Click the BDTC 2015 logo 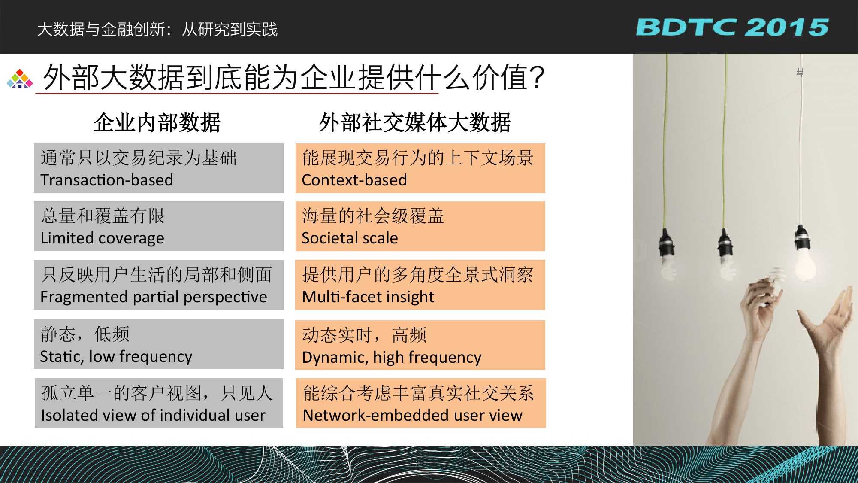pos(732,27)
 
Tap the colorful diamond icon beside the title pos(20,79)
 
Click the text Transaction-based pos(107,180)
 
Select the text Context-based pos(354,180)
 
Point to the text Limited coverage pos(103,238)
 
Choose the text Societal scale pos(350,238)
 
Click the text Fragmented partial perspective pos(154,297)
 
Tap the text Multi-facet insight pos(368,297)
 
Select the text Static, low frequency pos(116,357)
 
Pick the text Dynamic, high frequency pos(392,357)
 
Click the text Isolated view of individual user pos(153,415)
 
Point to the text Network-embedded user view pos(413,415)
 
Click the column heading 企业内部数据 pos(157,122)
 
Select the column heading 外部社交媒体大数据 pos(415,122)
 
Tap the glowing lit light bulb pos(804,262)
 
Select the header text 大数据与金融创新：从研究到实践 pos(157,29)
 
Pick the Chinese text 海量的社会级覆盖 pos(373,216)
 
